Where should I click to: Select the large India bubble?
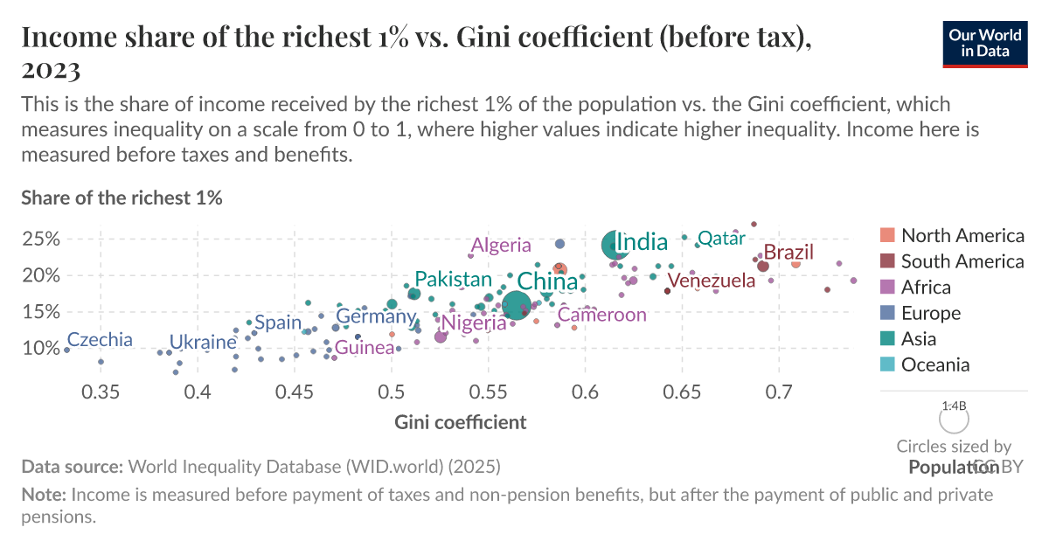(x=618, y=246)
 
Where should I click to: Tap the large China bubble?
(x=516, y=306)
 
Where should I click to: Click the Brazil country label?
(x=788, y=253)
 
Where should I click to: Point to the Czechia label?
(x=100, y=340)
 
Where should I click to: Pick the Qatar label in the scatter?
(x=721, y=238)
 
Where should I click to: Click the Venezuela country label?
(x=711, y=281)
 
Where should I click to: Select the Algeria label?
(x=500, y=245)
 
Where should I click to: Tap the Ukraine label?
(x=203, y=342)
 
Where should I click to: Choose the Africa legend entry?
(x=926, y=288)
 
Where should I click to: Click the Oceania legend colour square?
(x=887, y=365)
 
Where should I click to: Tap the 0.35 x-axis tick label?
(x=101, y=392)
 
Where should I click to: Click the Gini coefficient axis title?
(x=461, y=423)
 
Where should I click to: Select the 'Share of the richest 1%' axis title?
(x=122, y=198)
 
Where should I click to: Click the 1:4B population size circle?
(x=954, y=419)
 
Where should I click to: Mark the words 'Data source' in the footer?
(x=73, y=467)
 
